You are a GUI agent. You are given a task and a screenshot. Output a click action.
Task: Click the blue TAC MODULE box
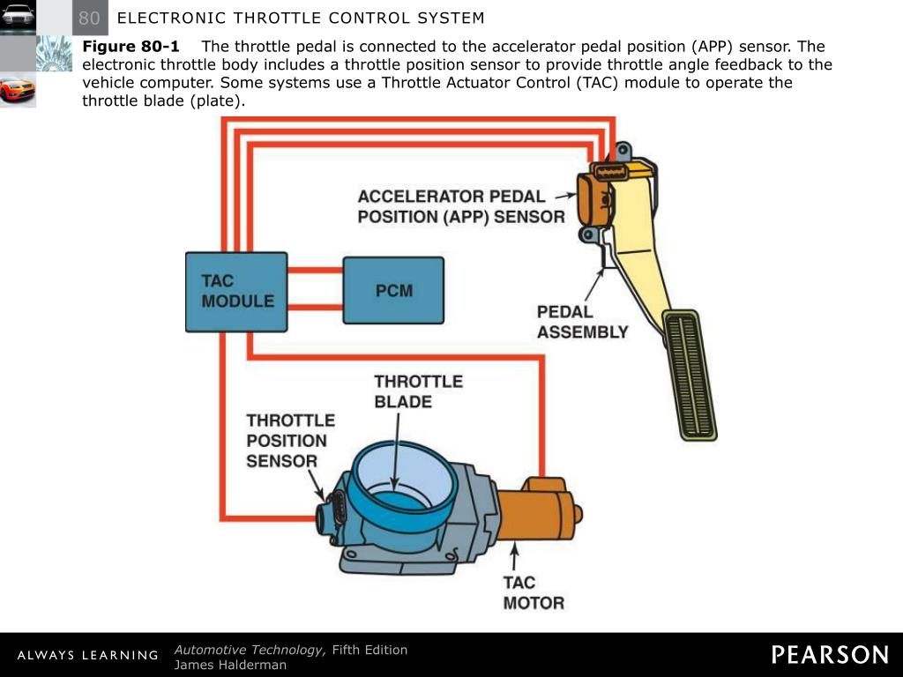[x=235, y=292]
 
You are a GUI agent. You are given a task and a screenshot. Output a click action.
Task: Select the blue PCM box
[x=393, y=291]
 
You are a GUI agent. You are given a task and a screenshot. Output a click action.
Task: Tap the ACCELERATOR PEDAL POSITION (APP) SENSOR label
[x=460, y=206]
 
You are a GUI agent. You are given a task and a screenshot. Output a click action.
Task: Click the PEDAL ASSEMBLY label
[x=582, y=322]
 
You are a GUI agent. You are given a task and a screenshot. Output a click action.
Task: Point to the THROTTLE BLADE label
[x=418, y=391]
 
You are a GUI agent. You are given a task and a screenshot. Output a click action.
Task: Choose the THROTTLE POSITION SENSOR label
[x=290, y=440]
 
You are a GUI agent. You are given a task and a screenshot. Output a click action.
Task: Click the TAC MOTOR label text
[x=533, y=593]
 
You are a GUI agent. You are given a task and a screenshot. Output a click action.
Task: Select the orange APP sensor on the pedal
[x=593, y=197]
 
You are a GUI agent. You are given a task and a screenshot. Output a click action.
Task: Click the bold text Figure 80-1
[x=131, y=47]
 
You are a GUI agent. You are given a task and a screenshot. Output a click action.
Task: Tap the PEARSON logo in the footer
[x=830, y=654]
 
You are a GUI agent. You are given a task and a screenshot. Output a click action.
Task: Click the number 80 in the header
[x=89, y=18]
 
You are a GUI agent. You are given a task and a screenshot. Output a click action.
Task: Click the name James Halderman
[x=230, y=665]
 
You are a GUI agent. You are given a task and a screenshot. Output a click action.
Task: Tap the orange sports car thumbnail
[x=18, y=90]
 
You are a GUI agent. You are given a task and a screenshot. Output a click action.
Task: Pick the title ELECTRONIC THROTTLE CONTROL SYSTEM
[x=301, y=18]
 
